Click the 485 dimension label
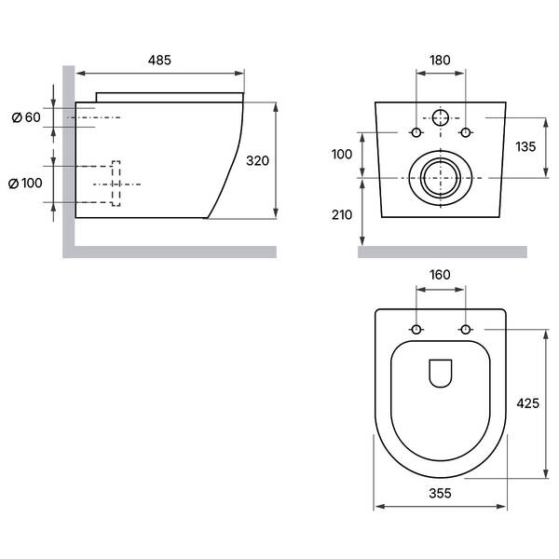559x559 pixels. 159,60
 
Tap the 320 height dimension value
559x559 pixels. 257,161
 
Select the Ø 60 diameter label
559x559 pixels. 26,117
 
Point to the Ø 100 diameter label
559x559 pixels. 25,184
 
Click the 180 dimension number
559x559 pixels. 440,60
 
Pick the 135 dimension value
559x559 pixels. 525,146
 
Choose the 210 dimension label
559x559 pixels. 342,215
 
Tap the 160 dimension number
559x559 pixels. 440,275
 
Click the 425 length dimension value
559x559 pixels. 527,403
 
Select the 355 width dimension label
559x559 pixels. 440,494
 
